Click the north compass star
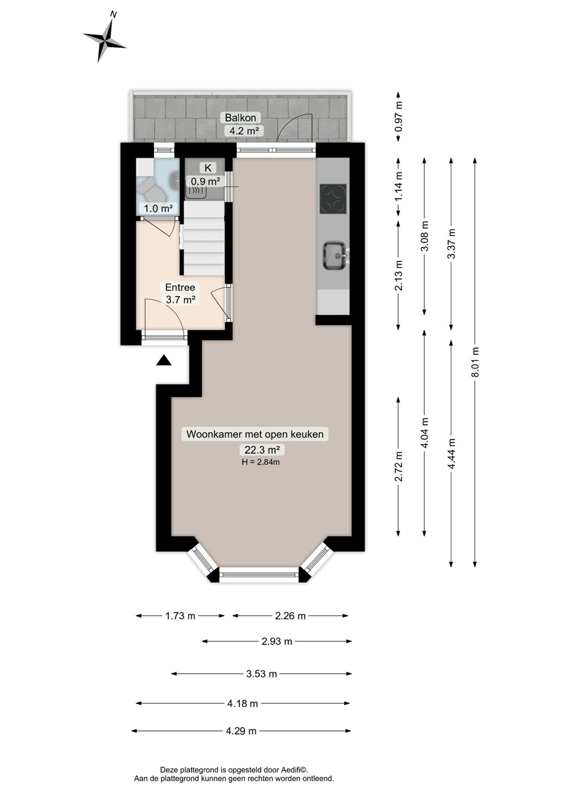click(x=105, y=38)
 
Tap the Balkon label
click(x=240, y=117)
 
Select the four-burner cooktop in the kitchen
click(x=333, y=199)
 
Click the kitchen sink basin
click(x=334, y=256)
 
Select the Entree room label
click(x=180, y=287)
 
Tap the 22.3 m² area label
click(x=262, y=449)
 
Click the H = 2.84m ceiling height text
click(x=261, y=461)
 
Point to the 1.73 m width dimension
click(x=180, y=616)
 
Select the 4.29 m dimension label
click(x=241, y=730)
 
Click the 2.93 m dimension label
click(x=277, y=641)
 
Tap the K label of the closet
click(x=208, y=167)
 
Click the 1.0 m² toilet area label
click(x=158, y=208)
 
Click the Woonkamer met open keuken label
click(x=255, y=434)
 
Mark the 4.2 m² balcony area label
click(x=244, y=131)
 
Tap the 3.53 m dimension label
click(x=261, y=673)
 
